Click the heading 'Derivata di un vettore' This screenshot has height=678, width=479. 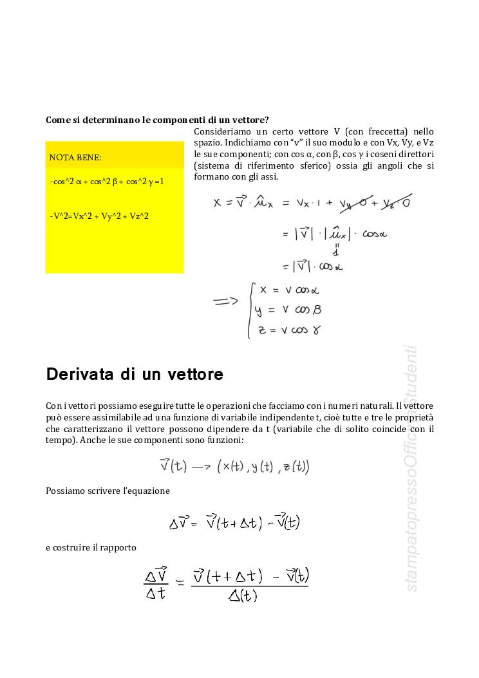135,375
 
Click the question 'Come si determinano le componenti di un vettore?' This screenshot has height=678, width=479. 157,120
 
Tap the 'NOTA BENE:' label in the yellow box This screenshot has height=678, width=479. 75,157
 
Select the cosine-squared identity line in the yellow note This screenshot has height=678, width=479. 107,182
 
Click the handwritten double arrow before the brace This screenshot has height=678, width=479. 225,300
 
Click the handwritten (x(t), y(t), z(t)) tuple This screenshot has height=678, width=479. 263,466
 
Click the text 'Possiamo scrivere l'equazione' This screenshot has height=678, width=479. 108,491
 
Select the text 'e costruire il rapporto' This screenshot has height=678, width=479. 91,547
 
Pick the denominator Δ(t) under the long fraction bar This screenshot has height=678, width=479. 243,595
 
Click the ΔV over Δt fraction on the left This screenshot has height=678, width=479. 155,583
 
